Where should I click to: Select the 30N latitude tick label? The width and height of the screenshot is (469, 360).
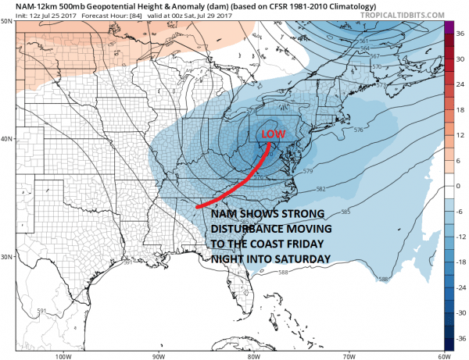7,257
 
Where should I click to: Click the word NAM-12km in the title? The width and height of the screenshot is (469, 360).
27,6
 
